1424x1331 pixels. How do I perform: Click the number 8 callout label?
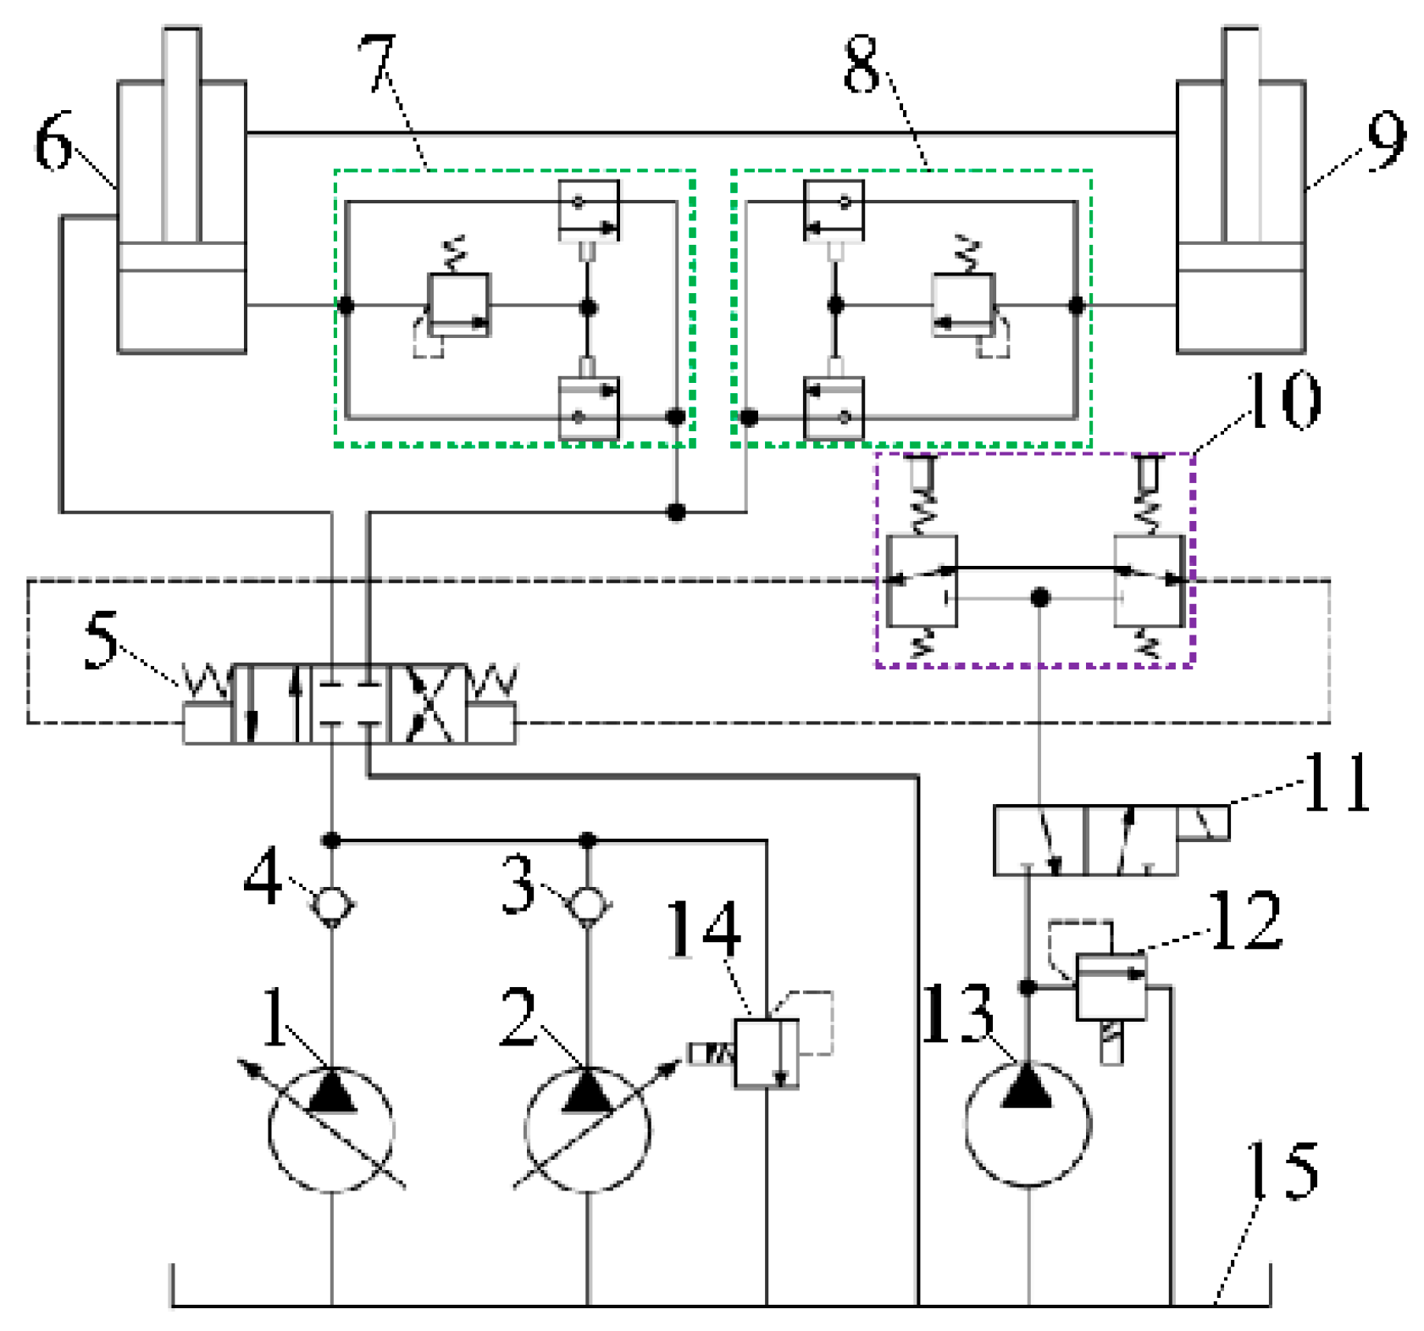tap(862, 64)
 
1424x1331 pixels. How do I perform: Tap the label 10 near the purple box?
tap(1283, 399)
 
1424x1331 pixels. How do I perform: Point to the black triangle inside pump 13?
tap(1026, 1087)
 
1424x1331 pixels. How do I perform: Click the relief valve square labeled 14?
tap(766, 1052)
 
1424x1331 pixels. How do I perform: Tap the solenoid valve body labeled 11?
tap(1085, 840)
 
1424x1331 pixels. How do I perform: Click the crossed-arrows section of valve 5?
tap(428, 704)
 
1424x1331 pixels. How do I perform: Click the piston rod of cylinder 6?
tap(181, 136)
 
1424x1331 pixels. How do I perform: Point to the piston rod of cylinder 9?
tap(1241, 136)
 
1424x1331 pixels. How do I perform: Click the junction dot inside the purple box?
tap(1039, 597)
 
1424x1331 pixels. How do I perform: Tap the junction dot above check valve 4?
tap(331, 840)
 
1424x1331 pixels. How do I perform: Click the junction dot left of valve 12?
tap(1027, 987)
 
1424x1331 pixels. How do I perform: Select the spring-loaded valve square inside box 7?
tap(458, 305)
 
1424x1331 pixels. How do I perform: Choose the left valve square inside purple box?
tap(922, 581)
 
